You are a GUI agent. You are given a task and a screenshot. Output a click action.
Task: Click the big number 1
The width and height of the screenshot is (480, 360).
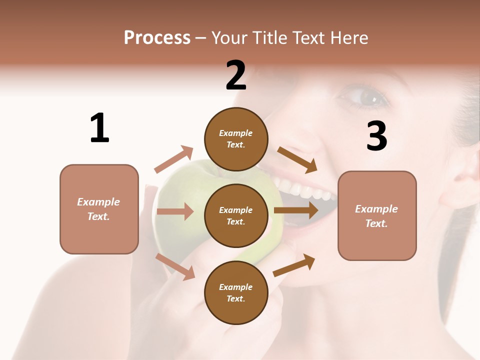click(x=99, y=128)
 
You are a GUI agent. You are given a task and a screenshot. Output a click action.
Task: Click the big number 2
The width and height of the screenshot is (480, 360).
click(x=236, y=75)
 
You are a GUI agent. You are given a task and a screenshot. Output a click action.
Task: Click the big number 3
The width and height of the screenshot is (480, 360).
click(x=377, y=136)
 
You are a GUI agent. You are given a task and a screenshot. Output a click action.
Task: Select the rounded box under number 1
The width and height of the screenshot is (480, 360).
click(x=99, y=209)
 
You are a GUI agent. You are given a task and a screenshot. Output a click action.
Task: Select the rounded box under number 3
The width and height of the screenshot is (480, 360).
click(x=377, y=215)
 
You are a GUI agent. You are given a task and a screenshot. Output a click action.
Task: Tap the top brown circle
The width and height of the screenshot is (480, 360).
click(x=236, y=138)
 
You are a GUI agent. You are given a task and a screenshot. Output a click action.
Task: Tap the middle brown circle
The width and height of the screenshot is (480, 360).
click(x=236, y=215)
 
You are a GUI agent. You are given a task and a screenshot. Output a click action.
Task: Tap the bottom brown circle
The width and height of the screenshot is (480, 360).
click(x=236, y=292)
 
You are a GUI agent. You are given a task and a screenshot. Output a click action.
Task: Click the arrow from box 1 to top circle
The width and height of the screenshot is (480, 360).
click(x=174, y=159)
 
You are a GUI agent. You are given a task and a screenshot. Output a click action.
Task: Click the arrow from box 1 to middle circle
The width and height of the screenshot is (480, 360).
click(x=175, y=211)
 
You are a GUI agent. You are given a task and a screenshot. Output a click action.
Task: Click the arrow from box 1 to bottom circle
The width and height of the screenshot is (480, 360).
click(x=175, y=266)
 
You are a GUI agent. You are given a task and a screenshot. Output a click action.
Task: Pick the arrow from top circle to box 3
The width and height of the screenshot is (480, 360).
click(x=297, y=159)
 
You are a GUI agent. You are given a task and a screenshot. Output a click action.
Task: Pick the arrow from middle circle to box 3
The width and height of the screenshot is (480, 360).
click(x=296, y=210)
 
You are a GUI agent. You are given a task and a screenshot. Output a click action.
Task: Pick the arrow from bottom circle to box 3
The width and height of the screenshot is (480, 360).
click(x=294, y=265)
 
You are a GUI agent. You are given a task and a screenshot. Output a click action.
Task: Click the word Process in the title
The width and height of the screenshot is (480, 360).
click(x=157, y=37)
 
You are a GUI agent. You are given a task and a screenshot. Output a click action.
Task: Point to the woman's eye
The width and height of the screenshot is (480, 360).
click(x=368, y=96)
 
